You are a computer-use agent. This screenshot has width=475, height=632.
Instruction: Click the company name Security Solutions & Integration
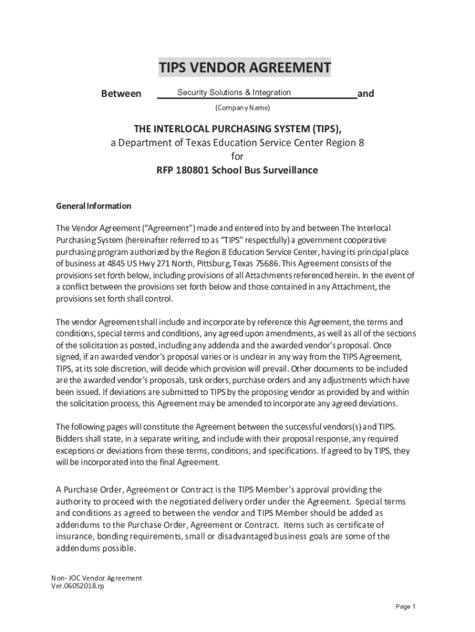pyautogui.click(x=234, y=93)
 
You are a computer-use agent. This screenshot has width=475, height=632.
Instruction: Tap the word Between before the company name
pyautogui.click(x=121, y=94)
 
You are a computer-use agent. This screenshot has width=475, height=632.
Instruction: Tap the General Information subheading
pyautogui.click(x=93, y=206)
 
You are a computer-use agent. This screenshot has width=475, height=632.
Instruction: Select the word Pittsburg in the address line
pyautogui.click(x=207, y=264)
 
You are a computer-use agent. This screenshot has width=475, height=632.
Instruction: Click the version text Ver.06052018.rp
pyautogui.click(x=77, y=586)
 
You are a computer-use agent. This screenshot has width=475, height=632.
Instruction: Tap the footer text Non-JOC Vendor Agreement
pyautogui.click(x=97, y=578)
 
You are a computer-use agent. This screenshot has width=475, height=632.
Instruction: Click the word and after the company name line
pyautogui.click(x=366, y=94)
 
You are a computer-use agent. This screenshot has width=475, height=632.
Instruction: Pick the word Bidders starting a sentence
pyautogui.click(x=70, y=439)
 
